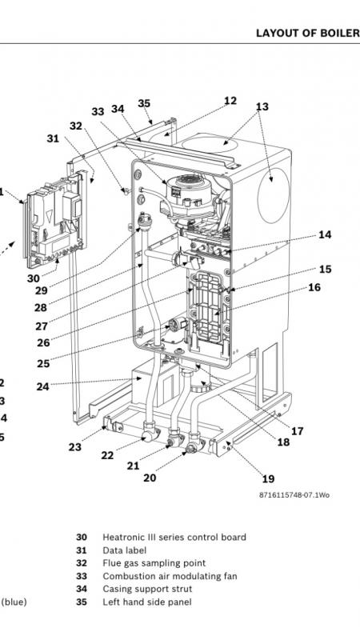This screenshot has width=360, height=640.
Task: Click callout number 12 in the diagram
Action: [230, 101]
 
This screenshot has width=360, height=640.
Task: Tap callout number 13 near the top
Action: [262, 106]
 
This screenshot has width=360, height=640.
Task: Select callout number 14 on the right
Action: [325, 234]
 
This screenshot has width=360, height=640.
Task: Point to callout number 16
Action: [314, 287]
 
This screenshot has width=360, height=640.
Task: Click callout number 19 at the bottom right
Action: [268, 478]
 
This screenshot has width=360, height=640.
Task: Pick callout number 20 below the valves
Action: [150, 478]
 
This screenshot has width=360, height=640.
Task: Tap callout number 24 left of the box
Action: [43, 386]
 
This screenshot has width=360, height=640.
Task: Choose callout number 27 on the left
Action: [42, 326]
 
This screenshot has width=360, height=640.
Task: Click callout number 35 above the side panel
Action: [144, 103]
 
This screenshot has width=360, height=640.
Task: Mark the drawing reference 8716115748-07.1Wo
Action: [294, 495]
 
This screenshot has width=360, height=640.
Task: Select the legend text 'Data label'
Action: [125, 550]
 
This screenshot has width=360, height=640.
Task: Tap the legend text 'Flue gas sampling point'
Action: [154, 563]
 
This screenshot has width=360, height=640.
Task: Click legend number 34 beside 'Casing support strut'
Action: [82, 589]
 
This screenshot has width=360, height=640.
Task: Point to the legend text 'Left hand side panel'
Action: [147, 602]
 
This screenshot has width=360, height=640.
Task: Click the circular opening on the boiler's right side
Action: [274, 195]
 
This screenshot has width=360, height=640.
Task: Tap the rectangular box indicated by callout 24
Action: [155, 385]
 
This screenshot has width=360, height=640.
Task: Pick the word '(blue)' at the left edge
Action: [14, 602]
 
